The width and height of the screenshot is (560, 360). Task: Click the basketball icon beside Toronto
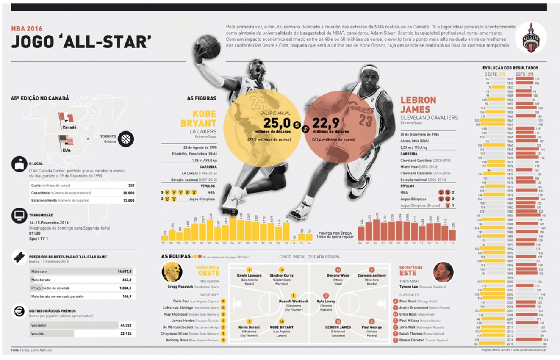pos(126,139)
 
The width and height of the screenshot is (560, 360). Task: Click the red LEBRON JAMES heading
pos(418,105)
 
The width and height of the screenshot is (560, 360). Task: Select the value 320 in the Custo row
pos(131,186)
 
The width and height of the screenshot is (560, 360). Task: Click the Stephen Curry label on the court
pos(281,276)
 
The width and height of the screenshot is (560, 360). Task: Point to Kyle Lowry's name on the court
pos(326,302)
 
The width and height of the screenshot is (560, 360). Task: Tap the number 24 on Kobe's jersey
pos(259,103)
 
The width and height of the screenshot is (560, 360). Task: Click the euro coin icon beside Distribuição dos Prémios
pos(19,311)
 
